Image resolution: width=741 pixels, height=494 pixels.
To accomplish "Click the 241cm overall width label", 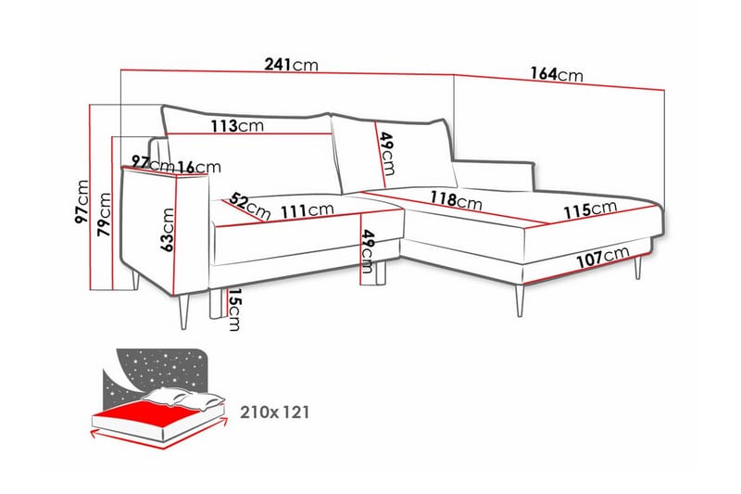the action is tap(291, 64).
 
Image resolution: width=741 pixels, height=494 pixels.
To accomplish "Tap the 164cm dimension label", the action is tap(557, 74).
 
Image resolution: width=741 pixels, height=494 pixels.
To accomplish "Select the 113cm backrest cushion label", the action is tap(237, 126).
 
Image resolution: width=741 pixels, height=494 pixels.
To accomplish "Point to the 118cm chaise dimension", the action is tap(456, 200).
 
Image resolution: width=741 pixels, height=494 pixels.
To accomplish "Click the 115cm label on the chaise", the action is tap(590, 209).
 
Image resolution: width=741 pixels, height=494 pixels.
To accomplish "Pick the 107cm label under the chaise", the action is tap(603, 257).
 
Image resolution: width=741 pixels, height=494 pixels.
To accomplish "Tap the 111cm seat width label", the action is tap(308, 210).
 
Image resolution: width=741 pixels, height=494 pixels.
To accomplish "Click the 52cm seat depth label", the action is tap(250, 206).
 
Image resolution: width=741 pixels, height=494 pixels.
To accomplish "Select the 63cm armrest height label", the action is tap(168, 230).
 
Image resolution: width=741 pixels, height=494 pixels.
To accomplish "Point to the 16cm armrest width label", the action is tap(200, 167).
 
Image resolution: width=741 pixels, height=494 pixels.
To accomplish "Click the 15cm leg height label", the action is tap(234, 310).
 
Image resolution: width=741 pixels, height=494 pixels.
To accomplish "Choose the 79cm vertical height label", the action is tap(104, 214).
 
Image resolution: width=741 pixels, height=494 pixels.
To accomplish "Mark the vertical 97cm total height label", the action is tap(82, 202).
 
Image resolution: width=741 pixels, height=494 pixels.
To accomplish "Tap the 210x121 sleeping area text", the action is tap(274, 412).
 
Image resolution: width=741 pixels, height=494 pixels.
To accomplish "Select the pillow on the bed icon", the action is tap(183, 397).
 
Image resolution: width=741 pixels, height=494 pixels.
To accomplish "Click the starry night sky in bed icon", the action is tap(160, 371).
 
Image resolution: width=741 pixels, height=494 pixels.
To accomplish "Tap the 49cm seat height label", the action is tap(367, 251).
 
